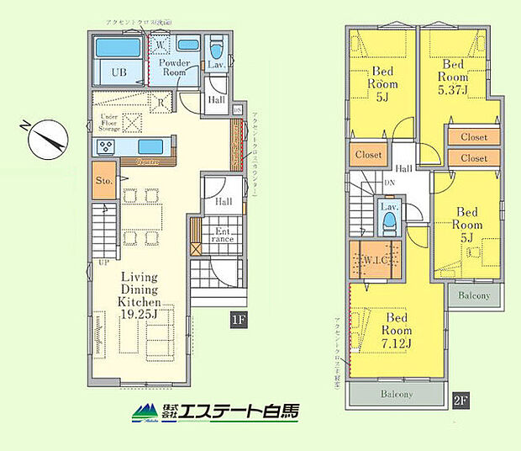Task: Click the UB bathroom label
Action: (x=119, y=72)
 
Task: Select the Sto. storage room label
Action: (x=104, y=180)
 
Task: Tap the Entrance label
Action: (x=222, y=235)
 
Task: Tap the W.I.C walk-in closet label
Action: (x=373, y=259)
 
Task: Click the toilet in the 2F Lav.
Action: (x=389, y=223)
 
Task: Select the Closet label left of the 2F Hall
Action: (x=368, y=155)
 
